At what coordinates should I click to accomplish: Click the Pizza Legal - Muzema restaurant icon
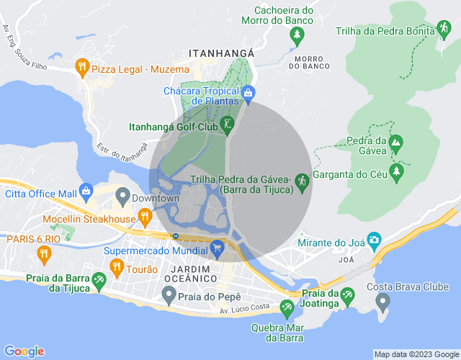pos(82,68)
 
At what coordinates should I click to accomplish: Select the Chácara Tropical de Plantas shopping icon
pos(248,92)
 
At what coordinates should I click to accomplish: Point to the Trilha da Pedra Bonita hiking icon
pos(444,30)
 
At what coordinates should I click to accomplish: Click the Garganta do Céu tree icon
pos(395,171)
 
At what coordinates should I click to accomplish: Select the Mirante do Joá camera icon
pos(374,240)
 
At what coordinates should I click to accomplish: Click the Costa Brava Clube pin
pos(382,300)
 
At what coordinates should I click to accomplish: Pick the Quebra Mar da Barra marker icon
pos(287,308)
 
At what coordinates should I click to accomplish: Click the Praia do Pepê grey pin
pos(169,294)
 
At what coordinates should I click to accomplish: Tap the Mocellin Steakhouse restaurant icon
pos(145,216)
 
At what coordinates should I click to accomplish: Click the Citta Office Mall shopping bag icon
pos(86,192)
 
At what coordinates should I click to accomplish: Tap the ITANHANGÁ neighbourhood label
pos(221,53)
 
